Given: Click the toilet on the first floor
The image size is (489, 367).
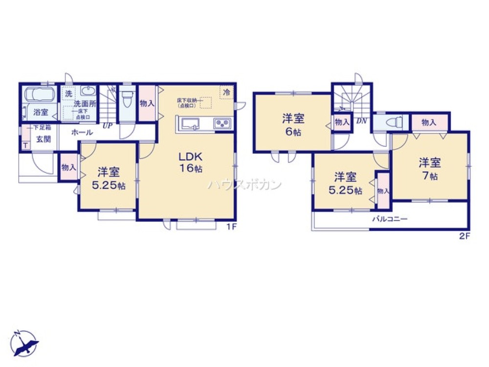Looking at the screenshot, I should [128, 98].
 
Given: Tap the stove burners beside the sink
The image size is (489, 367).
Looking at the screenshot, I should [222, 124].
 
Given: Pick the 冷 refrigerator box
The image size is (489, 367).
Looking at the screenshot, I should [226, 92].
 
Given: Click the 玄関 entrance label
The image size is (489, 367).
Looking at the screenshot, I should [44, 139].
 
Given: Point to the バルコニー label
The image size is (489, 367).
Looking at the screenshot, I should [390, 219].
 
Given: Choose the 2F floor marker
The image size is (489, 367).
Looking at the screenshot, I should [464, 236].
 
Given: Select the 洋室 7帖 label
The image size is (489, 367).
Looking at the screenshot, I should [429, 168].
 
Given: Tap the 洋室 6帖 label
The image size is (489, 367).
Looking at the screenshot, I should [293, 124].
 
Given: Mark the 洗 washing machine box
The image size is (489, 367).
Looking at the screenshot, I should [68, 92].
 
